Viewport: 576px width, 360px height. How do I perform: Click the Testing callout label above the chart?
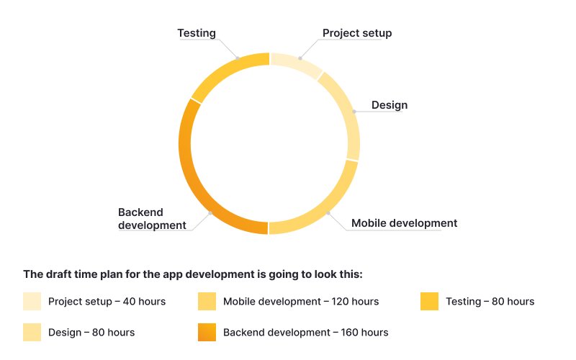coord(197,33)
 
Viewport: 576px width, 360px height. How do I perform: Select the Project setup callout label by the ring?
coord(357,33)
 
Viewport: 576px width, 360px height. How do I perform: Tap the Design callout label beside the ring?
coord(390,105)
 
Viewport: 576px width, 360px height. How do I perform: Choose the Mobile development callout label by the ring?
coord(404,223)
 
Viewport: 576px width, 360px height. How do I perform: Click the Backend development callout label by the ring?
coord(152,218)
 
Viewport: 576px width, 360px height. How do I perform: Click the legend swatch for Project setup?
coord(32,301)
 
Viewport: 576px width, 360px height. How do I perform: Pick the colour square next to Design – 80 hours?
coord(32,332)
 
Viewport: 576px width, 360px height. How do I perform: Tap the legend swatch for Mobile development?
coord(207,301)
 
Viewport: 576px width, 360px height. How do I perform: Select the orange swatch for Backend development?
coord(207,332)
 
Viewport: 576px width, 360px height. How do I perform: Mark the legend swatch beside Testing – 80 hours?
coord(430,301)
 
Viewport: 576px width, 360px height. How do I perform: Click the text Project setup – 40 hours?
coord(107,302)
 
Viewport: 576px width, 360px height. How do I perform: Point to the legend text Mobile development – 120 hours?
coord(301,302)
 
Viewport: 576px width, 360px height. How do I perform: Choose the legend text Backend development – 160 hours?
coord(305,333)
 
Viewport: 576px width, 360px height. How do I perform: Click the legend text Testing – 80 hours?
coord(490,302)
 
